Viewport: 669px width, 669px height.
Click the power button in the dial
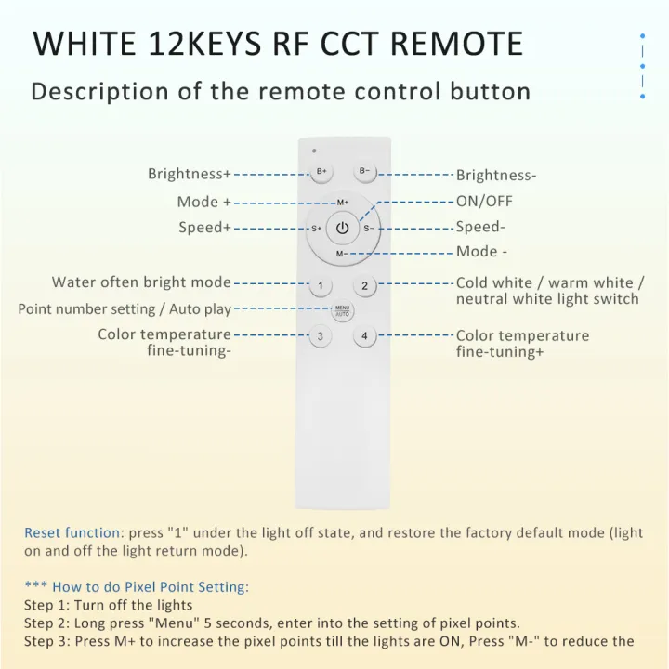(x=343, y=229)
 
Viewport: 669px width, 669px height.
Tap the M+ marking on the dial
(x=343, y=203)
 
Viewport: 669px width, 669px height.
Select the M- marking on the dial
(x=341, y=254)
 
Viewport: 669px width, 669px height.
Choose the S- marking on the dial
(x=368, y=229)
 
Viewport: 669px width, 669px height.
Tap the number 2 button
(x=365, y=285)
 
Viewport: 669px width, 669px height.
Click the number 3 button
(x=320, y=336)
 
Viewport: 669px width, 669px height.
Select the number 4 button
(x=365, y=336)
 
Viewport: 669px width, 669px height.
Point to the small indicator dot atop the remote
(x=314, y=151)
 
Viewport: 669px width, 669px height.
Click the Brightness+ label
(x=190, y=174)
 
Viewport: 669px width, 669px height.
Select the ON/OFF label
(x=484, y=201)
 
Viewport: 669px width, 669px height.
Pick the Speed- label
(x=480, y=227)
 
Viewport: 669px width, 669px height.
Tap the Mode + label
(x=203, y=202)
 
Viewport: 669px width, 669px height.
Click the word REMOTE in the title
(x=456, y=44)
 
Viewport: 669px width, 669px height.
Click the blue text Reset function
(x=72, y=532)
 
